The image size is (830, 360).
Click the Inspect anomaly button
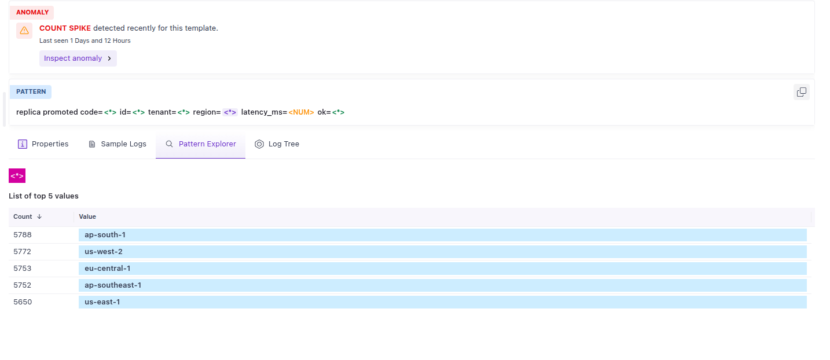click(x=78, y=58)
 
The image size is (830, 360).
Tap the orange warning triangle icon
click(x=24, y=30)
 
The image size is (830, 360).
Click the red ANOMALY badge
click(x=32, y=12)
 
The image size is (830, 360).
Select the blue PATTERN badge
click(x=31, y=92)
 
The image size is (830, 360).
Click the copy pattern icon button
click(x=802, y=92)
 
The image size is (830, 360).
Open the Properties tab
click(x=43, y=144)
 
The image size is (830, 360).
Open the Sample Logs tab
click(x=117, y=144)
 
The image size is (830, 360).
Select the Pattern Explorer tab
click(x=200, y=144)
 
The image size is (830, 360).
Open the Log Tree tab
click(x=277, y=144)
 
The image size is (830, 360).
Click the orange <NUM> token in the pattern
click(x=301, y=112)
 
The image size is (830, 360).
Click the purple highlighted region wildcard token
click(x=230, y=112)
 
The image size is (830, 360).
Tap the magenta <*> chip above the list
click(x=17, y=175)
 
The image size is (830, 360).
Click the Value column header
click(x=87, y=216)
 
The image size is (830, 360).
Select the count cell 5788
click(x=23, y=235)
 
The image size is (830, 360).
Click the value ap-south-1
click(x=105, y=235)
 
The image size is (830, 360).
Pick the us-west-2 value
click(x=104, y=252)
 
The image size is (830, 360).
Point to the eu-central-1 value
click(x=108, y=269)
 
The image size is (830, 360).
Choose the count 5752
click(x=22, y=285)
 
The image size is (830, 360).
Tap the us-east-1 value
click(x=102, y=302)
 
